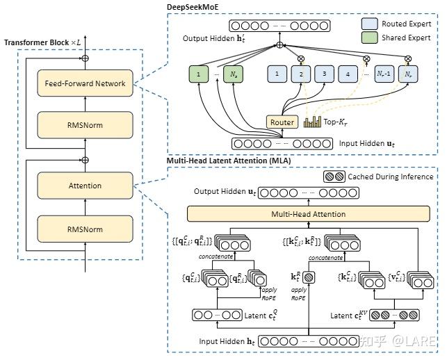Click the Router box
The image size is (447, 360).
(x=282, y=122)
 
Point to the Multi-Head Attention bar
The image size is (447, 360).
(x=308, y=214)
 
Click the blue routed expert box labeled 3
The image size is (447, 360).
(x=323, y=74)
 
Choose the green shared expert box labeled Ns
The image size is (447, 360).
(x=234, y=74)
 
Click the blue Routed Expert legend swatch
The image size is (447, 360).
(x=370, y=24)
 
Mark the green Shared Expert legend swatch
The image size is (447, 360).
(x=370, y=38)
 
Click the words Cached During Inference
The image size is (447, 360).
(x=390, y=177)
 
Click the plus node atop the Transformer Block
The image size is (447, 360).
(x=86, y=58)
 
